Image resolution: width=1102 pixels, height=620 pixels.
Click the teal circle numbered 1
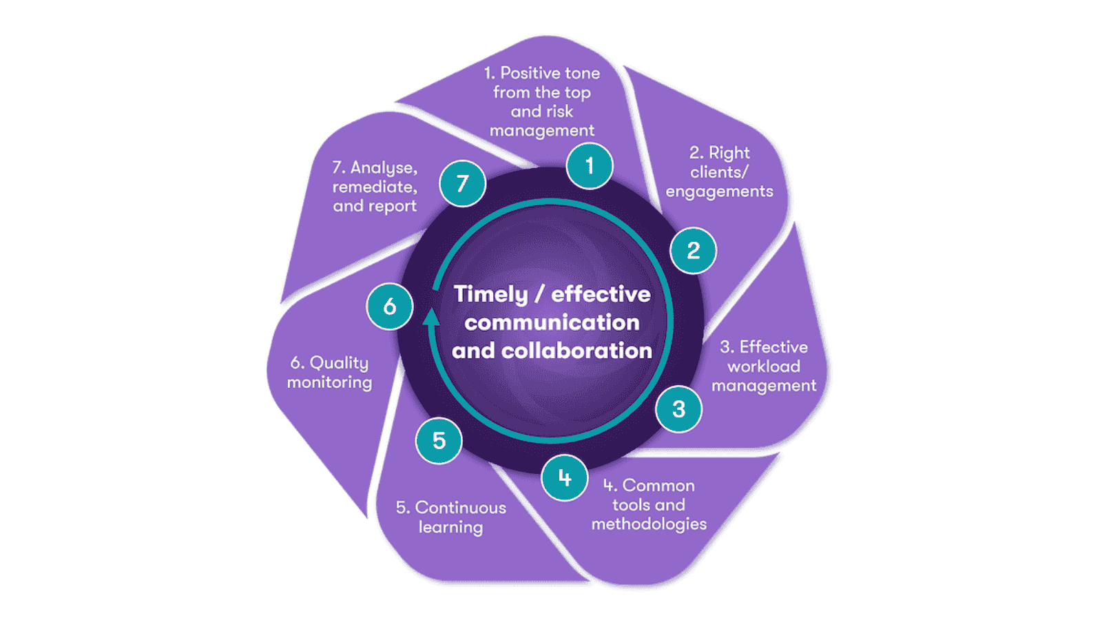click(590, 166)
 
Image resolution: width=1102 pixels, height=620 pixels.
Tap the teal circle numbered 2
click(693, 251)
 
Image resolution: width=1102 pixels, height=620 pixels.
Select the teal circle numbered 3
click(678, 409)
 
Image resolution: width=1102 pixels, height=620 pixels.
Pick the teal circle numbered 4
click(565, 478)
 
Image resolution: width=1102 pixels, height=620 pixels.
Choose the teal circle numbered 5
click(439, 441)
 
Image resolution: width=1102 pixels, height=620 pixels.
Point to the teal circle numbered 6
click(390, 307)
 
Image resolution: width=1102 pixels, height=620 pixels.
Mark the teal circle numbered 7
click(463, 184)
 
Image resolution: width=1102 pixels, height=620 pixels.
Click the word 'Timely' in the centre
click(490, 294)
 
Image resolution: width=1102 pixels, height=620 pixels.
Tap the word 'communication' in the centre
click(552, 322)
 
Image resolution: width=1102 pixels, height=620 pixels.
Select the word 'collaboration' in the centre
click(576, 351)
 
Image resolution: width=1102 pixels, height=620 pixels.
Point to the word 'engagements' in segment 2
click(719, 192)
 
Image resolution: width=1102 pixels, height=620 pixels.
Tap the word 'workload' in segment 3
click(764, 366)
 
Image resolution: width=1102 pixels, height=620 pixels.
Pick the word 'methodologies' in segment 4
click(649, 524)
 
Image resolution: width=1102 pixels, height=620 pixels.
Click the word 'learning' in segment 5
click(450, 528)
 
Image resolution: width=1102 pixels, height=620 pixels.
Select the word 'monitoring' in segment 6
click(329, 382)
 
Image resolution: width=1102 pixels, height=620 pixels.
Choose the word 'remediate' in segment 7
click(374, 187)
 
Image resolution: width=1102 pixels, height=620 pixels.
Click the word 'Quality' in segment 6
click(339, 363)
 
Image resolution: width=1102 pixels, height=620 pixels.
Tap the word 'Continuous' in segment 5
click(460, 508)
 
